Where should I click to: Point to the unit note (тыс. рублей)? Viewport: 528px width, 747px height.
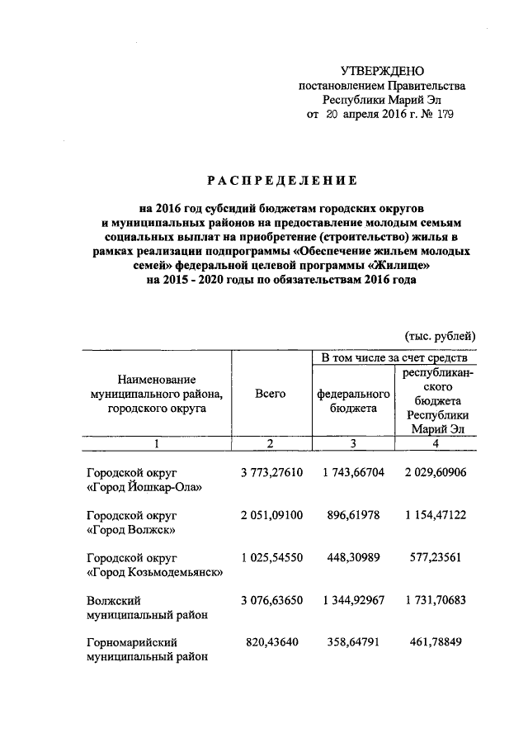(440, 335)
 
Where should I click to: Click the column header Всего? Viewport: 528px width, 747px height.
(271, 394)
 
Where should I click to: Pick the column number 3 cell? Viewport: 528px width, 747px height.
(352, 444)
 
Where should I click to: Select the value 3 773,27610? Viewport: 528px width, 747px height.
(271, 472)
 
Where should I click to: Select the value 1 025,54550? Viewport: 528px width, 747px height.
(271, 557)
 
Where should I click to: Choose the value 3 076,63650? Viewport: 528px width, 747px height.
(271, 599)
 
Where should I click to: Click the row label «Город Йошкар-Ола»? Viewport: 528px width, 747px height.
(144, 487)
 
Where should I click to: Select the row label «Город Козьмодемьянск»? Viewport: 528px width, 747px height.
(154, 572)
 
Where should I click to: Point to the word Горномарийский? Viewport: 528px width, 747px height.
(132, 641)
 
